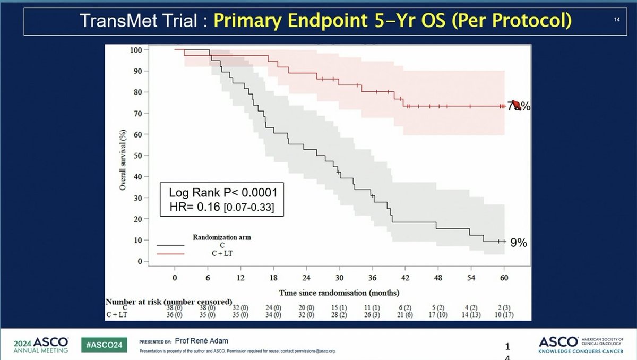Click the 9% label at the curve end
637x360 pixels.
(518, 243)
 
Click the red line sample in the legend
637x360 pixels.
(170, 254)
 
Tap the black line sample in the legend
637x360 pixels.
(170, 245)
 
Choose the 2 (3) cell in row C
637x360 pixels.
(503, 308)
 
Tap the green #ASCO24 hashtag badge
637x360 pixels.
(104, 344)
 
